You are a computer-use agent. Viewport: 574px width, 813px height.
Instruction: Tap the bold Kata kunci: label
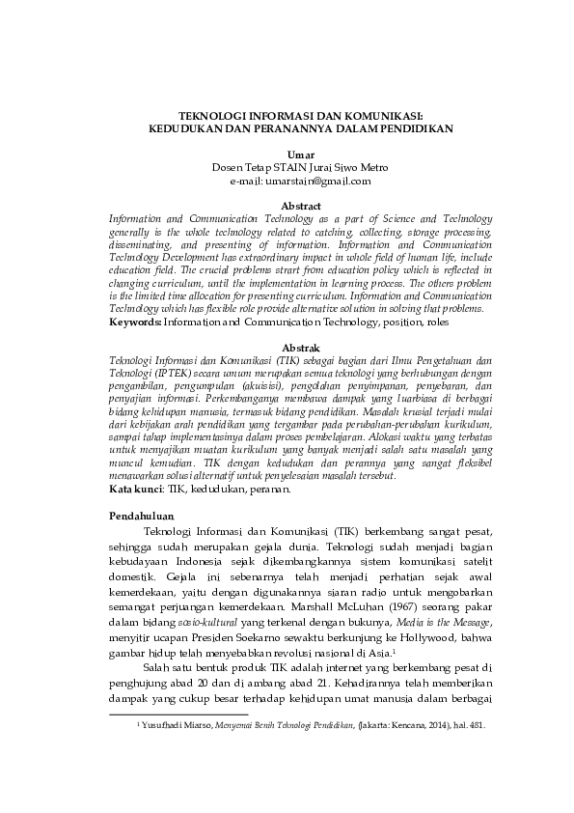(136, 490)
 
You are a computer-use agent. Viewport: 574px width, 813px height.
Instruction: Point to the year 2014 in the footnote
(416, 723)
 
